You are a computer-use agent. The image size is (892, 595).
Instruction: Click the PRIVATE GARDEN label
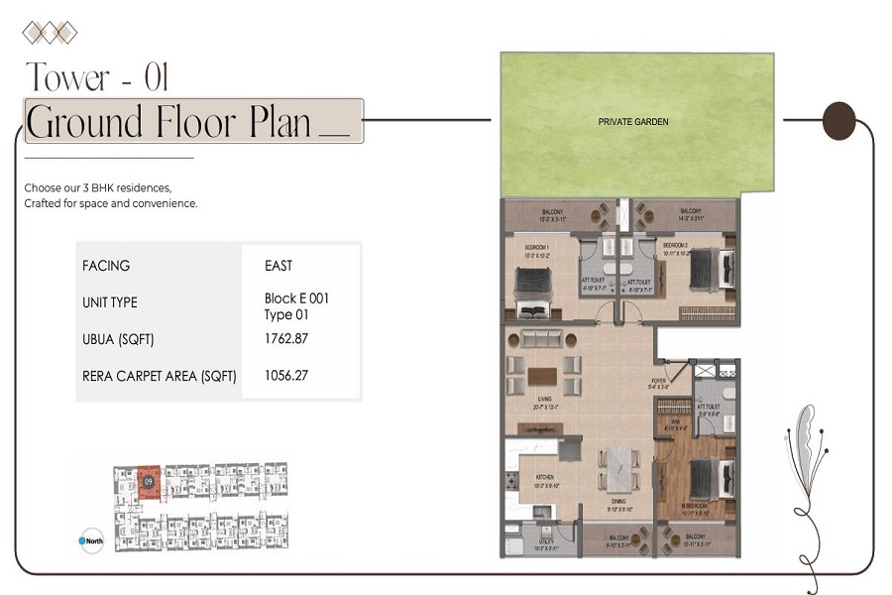tap(633, 122)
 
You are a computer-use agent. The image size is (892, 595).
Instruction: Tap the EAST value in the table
tap(280, 266)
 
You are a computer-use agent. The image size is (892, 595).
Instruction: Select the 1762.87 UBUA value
tap(284, 339)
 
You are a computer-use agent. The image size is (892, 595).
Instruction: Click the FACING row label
tap(106, 266)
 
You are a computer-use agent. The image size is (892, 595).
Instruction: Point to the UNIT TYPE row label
tap(110, 302)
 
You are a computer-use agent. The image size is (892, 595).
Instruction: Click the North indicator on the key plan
tap(90, 540)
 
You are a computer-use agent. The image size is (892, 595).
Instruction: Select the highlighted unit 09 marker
tap(149, 480)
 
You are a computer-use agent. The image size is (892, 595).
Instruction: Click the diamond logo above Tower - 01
tap(50, 33)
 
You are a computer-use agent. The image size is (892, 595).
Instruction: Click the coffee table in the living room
tap(540, 376)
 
